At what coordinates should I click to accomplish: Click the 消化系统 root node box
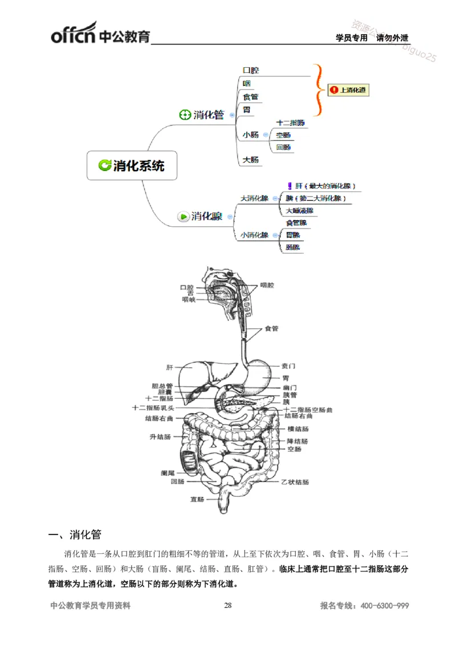pos(132,166)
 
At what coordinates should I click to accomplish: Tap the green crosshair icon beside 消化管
pos(185,115)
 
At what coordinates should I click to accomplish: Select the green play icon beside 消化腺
pos(183,217)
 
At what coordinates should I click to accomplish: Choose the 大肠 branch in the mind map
pos(251,160)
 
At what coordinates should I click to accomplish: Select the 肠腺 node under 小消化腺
pos(293,247)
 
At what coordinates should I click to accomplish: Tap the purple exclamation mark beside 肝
pos(290,186)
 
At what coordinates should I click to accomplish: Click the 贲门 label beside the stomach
pos(288,366)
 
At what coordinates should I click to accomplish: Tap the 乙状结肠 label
pos(295,482)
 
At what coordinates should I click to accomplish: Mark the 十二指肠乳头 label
pos(153,408)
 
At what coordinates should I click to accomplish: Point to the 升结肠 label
pos(160,436)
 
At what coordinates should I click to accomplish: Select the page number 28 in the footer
pos(228,606)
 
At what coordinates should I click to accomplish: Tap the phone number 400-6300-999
pos(385,606)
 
